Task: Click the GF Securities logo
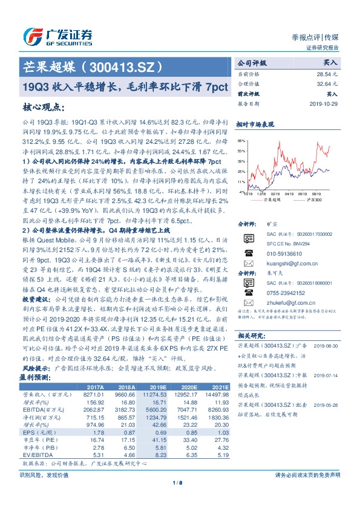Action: (x=58, y=34)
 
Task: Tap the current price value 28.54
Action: (x=329, y=73)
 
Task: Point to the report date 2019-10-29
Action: (x=326, y=104)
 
